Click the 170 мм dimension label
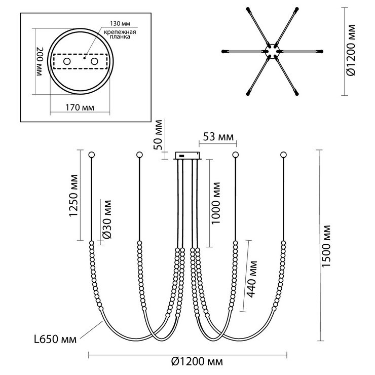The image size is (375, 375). pos(80,107)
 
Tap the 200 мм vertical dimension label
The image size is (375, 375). pos(39,61)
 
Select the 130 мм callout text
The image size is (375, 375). pos(120,23)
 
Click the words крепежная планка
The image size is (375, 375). pos(120,34)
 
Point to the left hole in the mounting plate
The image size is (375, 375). pos(67,61)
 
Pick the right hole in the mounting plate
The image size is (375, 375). pos(94,61)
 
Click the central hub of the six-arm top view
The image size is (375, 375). pos(272,51)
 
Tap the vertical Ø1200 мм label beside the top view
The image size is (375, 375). pos(351,50)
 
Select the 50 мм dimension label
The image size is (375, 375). pos(158,134)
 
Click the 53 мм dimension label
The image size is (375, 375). pos(218,137)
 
